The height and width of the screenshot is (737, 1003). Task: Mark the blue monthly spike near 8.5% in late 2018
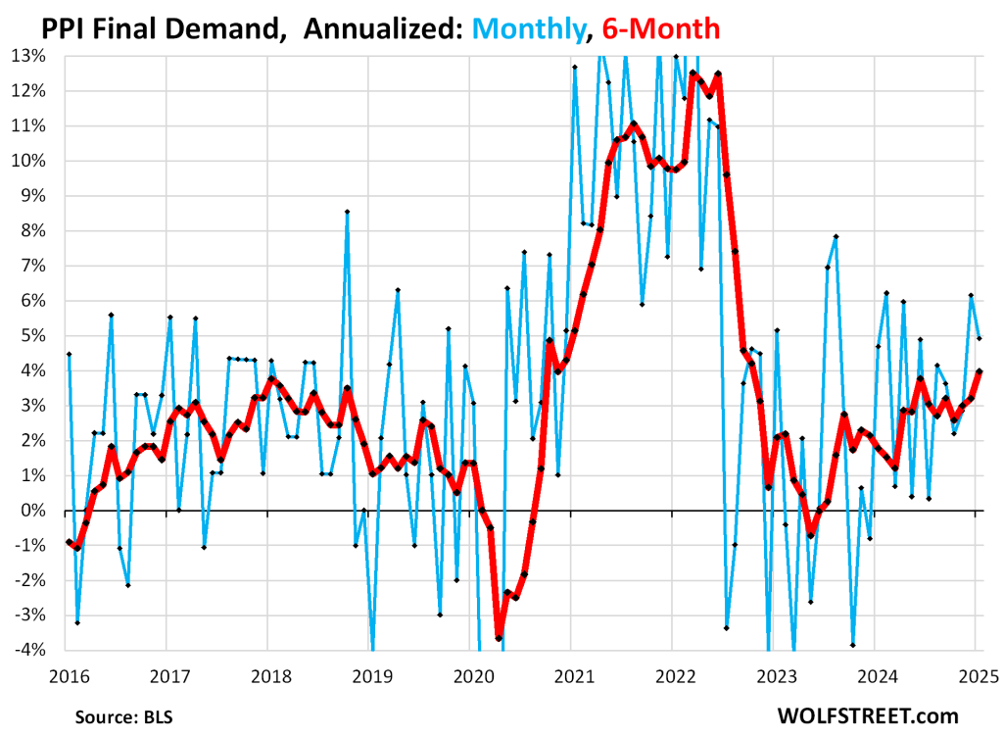pyautogui.click(x=347, y=212)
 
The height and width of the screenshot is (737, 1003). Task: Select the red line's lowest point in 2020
pyautogui.click(x=499, y=638)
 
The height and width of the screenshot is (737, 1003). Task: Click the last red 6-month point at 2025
pyautogui.click(x=979, y=371)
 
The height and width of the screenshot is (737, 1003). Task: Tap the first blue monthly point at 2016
pyautogui.click(x=69, y=354)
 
